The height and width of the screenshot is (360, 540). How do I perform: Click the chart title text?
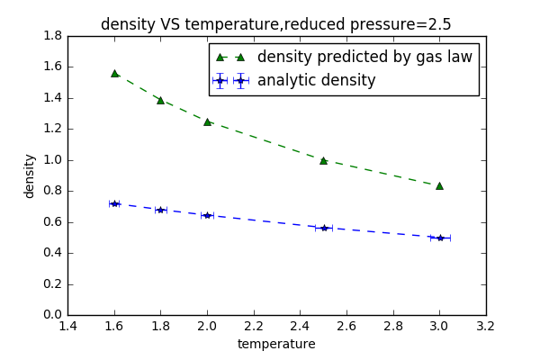(x=276, y=24)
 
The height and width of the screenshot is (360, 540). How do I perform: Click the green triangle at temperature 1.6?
(x=114, y=73)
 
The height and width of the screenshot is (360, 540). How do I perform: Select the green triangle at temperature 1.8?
(x=160, y=100)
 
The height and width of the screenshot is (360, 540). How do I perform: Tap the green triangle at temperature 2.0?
(x=207, y=121)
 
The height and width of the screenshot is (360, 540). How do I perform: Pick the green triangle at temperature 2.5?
(x=323, y=160)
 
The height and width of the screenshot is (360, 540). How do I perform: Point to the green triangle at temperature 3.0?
(x=439, y=185)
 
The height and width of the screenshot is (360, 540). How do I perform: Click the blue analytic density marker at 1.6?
(x=114, y=203)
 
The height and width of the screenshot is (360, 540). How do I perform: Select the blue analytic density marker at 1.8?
(x=160, y=210)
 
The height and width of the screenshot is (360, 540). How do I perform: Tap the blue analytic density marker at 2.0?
(x=207, y=215)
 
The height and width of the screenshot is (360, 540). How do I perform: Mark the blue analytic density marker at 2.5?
(x=323, y=228)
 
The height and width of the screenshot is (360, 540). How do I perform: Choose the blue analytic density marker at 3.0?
(x=439, y=238)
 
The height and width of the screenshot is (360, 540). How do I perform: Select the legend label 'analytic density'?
(x=317, y=80)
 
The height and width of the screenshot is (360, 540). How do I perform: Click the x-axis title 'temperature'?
(x=276, y=344)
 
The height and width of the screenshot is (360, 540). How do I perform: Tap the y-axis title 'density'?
(x=30, y=175)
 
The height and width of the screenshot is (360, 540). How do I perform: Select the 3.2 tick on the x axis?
(x=486, y=327)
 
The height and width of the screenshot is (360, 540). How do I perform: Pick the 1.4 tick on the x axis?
(x=67, y=327)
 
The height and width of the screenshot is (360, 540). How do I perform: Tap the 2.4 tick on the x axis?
(x=300, y=327)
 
